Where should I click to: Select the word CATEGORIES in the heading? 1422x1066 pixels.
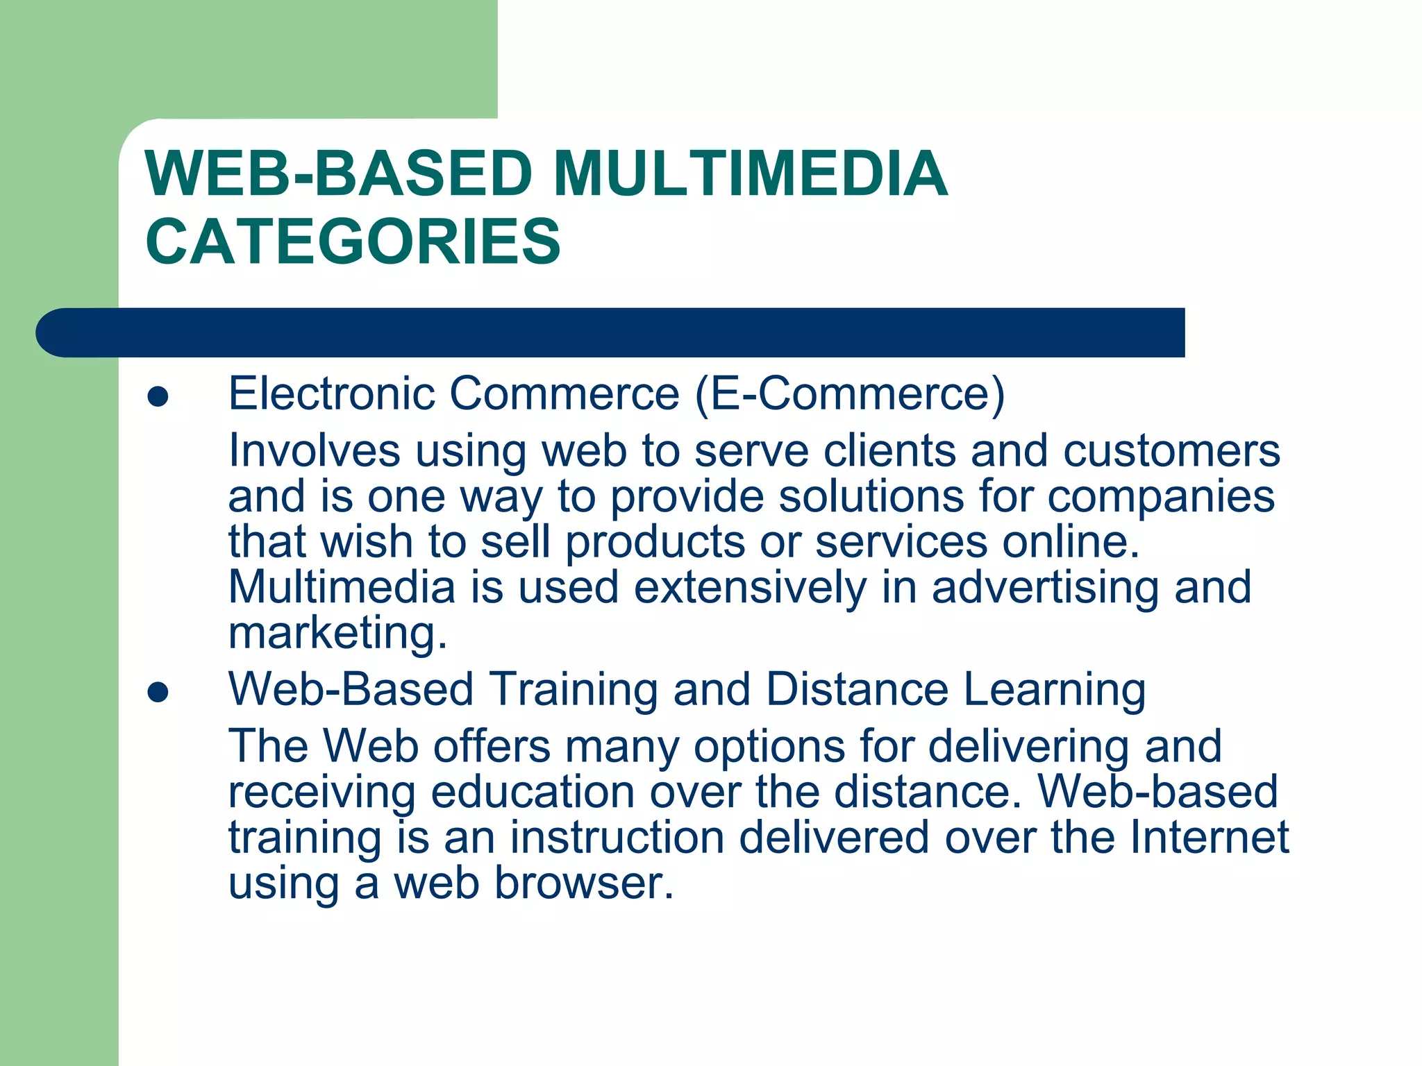pyautogui.click(x=353, y=242)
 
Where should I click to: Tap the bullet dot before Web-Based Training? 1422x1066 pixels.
pyautogui.click(x=158, y=692)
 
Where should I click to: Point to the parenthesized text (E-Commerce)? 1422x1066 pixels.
pyautogui.click(x=849, y=394)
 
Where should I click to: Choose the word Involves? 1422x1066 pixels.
pyautogui.click(x=314, y=450)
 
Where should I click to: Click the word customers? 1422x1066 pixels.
pyautogui.click(x=1171, y=450)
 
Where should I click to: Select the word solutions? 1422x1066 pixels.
pyautogui.click(x=871, y=496)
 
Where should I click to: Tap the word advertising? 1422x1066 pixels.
pyautogui.click(x=1045, y=589)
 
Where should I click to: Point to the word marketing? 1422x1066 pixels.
pyautogui.click(x=337, y=634)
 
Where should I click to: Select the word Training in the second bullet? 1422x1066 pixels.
pyautogui.click(x=574, y=690)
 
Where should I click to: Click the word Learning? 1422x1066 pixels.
pyautogui.click(x=1055, y=690)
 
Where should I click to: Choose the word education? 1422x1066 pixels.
pyautogui.click(x=532, y=792)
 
